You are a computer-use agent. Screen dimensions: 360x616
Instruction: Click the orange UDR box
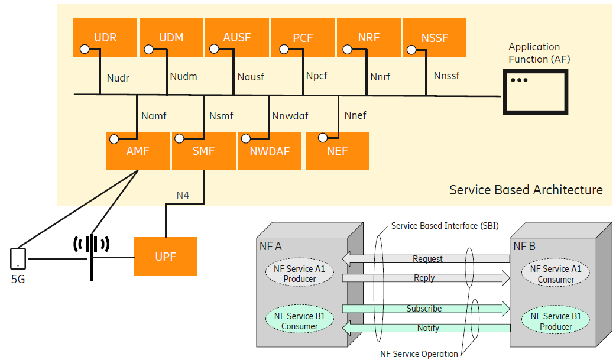click(x=105, y=37)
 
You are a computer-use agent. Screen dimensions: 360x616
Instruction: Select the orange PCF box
click(x=303, y=37)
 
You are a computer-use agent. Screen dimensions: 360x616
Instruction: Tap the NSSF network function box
click(x=435, y=37)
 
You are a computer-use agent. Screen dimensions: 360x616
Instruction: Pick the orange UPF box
click(x=166, y=256)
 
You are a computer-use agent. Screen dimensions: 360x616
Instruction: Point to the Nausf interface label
click(x=251, y=77)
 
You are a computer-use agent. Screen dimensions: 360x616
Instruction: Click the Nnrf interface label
click(x=380, y=77)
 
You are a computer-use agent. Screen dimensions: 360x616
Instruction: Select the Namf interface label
click(x=154, y=116)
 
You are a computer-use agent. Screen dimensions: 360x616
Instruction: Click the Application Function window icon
click(x=536, y=91)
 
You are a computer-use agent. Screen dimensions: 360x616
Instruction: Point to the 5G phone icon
click(x=18, y=258)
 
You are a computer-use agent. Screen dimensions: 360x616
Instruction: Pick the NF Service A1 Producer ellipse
click(x=300, y=274)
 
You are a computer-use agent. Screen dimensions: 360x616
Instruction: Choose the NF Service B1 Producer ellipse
click(x=556, y=321)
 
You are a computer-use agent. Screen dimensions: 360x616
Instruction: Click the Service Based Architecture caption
click(x=526, y=190)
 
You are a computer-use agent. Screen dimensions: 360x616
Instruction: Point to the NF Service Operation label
click(x=419, y=354)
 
